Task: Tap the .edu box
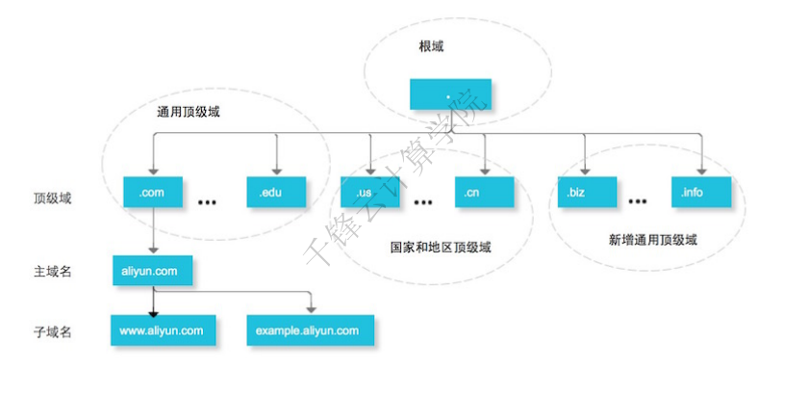(x=276, y=193)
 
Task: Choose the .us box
(x=368, y=193)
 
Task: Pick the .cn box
(x=484, y=193)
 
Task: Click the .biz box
(x=586, y=193)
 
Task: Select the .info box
(x=702, y=193)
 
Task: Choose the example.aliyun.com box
(x=309, y=330)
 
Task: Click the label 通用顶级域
(x=189, y=112)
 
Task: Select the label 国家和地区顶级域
(x=442, y=247)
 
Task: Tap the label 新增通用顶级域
(x=653, y=238)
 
